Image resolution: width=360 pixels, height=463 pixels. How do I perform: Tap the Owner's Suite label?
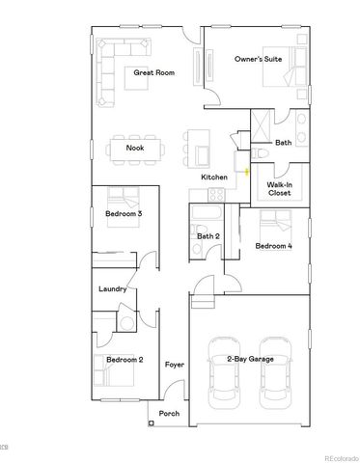pyautogui.click(x=257, y=60)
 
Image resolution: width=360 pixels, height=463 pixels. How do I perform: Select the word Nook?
pyautogui.click(x=135, y=148)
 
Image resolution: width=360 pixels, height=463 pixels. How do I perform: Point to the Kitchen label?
pyautogui.click(x=213, y=177)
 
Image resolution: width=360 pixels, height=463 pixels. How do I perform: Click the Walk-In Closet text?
pyautogui.click(x=280, y=187)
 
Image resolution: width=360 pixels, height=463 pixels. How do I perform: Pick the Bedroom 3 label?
pyautogui.click(x=125, y=213)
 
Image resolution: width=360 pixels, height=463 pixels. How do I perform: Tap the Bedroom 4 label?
pyautogui.click(x=273, y=246)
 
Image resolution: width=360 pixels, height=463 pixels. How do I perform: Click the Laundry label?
pyautogui.click(x=113, y=288)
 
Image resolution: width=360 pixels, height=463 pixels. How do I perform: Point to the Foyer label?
pyautogui.click(x=174, y=365)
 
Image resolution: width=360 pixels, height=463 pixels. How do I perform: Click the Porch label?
pyautogui.click(x=169, y=413)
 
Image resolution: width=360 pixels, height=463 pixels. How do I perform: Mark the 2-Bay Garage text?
pyautogui.click(x=250, y=359)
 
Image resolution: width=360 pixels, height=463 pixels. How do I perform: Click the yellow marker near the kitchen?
pyautogui.click(x=247, y=172)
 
